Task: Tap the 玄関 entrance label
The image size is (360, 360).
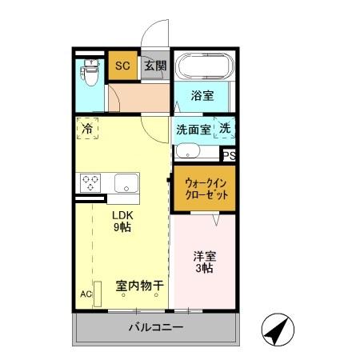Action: (x=155, y=66)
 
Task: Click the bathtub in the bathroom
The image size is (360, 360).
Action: (x=202, y=66)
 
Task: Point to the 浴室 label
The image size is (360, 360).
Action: (x=202, y=96)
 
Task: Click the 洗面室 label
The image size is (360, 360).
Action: (x=193, y=128)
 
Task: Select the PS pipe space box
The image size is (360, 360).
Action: (x=229, y=156)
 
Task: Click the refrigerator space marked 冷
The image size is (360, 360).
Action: (x=87, y=128)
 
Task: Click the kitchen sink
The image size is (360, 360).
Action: (x=126, y=182)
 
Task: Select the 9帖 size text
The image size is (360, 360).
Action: (x=122, y=227)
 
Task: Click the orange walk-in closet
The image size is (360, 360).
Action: (x=204, y=189)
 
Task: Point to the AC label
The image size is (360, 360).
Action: (x=86, y=294)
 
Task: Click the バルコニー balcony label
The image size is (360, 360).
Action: (x=156, y=328)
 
